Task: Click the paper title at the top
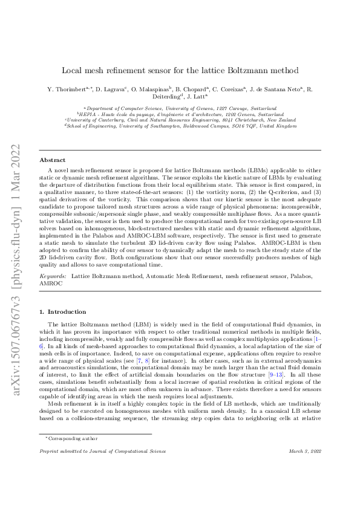[180, 71]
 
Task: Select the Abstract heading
[51, 160]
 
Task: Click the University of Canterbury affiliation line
[180, 120]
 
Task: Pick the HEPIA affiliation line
[180, 114]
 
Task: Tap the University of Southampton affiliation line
[180, 126]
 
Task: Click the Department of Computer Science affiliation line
[180, 108]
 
